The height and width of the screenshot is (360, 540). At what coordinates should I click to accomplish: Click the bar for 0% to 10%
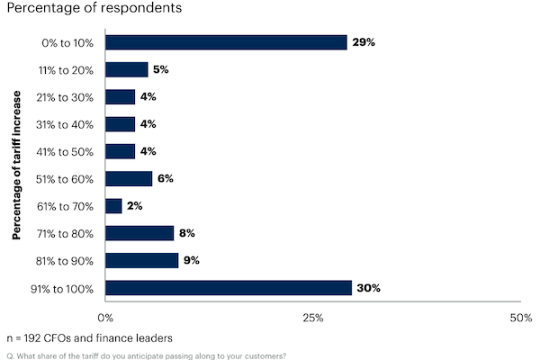pyautogui.click(x=226, y=42)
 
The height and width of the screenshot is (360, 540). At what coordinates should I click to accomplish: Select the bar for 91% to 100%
pyautogui.click(x=229, y=288)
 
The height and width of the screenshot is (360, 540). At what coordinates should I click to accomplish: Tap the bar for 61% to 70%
pyautogui.click(x=114, y=206)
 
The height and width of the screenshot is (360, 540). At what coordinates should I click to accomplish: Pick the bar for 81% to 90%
pyautogui.click(x=142, y=261)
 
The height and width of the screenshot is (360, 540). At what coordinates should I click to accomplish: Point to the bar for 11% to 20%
pyautogui.click(x=127, y=69)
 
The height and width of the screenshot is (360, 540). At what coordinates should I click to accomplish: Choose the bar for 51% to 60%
pyautogui.click(x=129, y=179)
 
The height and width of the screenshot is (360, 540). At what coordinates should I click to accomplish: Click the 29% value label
pyautogui.click(x=362, y=42)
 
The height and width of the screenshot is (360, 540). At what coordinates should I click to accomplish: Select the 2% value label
pyautogui.click(x=136, y=206)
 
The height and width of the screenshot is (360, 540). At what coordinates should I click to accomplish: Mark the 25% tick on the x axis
pyautogui.click(x=312, y=318)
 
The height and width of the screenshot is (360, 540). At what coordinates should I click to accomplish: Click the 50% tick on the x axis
pyautogui.click(x=520, y=318)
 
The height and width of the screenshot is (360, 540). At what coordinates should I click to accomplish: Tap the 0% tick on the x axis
pyautogui.click(x=105, y=318)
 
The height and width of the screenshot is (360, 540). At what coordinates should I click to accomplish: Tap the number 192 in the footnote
pyautogui.click(x=39, y=338)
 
